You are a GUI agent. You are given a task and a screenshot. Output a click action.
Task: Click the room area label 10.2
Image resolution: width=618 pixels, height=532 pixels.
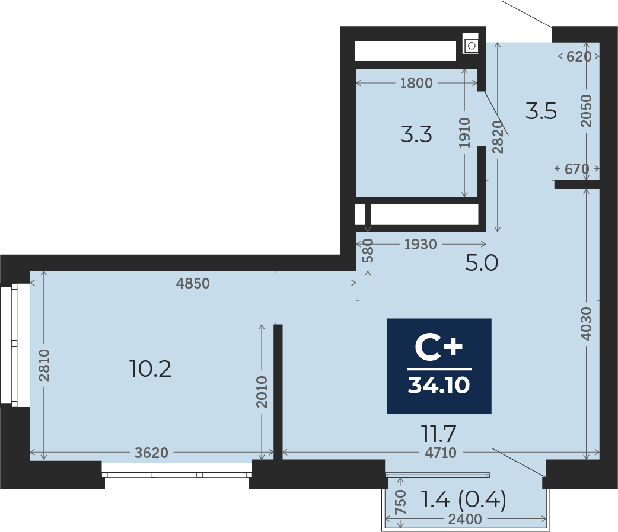click(150, 370)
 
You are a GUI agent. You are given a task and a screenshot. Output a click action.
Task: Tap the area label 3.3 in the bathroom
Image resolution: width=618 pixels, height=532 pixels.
click(416, 135)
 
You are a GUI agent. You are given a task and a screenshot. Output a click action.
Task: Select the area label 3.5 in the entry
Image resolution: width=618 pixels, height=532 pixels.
click(541, 111)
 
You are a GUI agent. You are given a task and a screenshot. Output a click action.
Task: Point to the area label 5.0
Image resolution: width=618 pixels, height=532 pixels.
click(482, 262)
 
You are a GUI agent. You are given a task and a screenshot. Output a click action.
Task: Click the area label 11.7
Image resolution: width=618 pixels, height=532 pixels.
click(439, 434)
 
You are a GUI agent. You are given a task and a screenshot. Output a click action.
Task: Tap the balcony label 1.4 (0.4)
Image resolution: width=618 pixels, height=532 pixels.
click(463, 501)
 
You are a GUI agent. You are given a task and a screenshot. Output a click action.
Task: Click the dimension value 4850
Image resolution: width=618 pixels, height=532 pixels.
click(193, 283)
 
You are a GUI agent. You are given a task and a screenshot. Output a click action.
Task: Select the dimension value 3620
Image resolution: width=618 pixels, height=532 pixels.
click(151, 453)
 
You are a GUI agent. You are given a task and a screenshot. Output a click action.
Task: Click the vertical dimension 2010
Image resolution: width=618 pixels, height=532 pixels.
click(262, 392)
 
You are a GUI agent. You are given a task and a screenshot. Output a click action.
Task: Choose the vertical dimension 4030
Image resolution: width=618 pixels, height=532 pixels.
click(587, 323)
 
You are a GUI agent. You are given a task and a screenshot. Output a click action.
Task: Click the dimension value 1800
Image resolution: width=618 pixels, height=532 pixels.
click(416, 84)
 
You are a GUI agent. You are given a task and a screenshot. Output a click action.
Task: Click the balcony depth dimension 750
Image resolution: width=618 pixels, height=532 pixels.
click(400, 503)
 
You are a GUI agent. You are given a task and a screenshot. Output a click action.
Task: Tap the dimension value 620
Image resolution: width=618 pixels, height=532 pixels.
click(579, 57)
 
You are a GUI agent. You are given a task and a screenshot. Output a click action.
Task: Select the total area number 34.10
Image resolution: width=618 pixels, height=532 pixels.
click(439, 386)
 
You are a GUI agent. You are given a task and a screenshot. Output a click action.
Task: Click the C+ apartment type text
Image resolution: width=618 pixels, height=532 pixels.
click(439, 348)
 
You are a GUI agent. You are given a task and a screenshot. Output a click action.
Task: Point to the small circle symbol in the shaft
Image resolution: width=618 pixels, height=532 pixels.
click(471, 45)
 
